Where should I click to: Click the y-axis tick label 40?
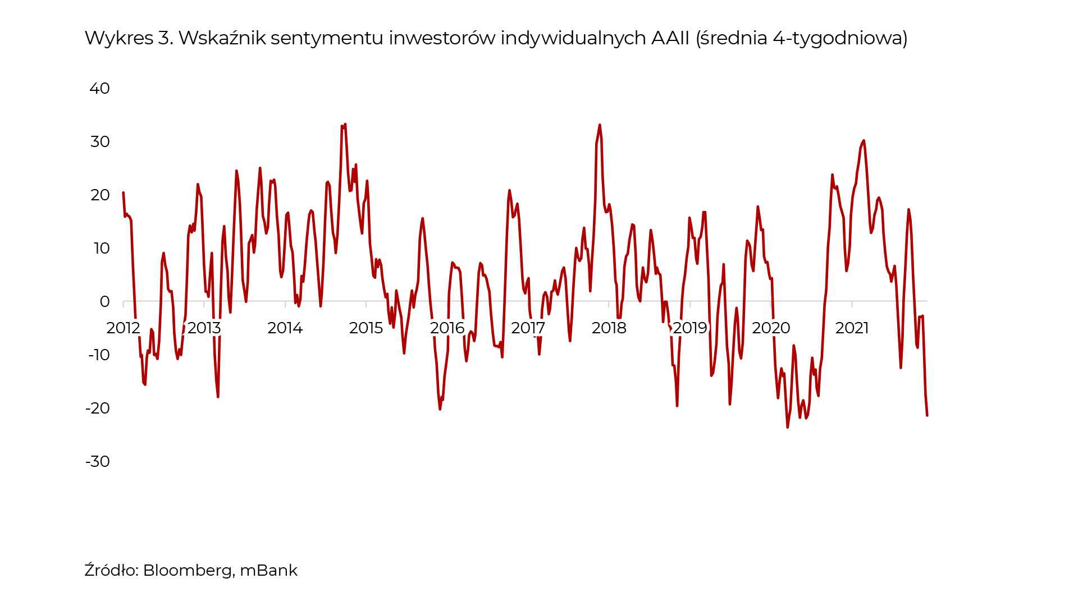tap(99, 89)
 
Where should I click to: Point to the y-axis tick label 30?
tap(100, 142)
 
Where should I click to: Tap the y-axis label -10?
tap(99, 355)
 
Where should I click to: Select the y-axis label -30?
tap(98, 462)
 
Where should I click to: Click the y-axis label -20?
tap(98, 408)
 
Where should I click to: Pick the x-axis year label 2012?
tap(123, 328)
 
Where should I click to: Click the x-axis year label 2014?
tap(285, 328)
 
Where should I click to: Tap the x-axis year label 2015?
tap(366, 328)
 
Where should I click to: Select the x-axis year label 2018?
tap(609, 328)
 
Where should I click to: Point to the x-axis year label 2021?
tap(852, 328)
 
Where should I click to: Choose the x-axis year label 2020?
tap(771, 328)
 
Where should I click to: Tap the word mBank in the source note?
tap(268, 571)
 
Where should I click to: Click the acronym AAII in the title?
tap(670, 38)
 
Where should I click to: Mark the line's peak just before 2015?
tap(345, 125)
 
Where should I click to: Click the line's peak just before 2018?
tap(600, 125)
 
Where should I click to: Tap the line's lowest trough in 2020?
tap(788, 427)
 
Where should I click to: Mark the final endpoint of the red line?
tap(927, 415)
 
